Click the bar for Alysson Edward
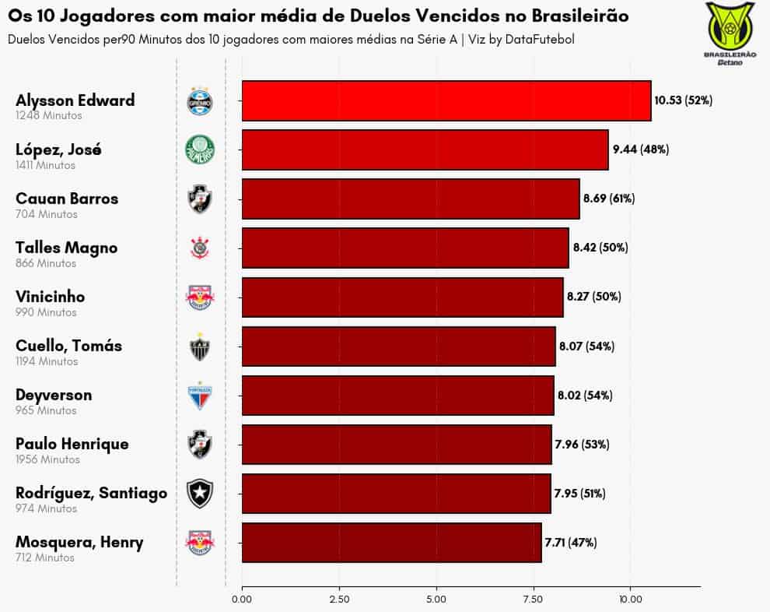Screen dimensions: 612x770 pyautogui.click(x=446, y=100)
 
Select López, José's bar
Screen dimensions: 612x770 pyautogui.click(x=425, y=149)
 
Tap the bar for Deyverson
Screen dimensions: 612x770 pyautogui.click(x=397, y=395)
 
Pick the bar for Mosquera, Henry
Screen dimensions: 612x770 pyautogui.click(x=391, y=543)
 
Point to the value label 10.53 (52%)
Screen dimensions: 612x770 pyautogui.click(x=683, y=100)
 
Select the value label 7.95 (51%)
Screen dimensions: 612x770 pyautogui.click(x=579, y=494)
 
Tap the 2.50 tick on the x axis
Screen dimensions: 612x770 pyautogui.click(x=339, y=599)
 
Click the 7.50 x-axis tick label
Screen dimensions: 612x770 pyautogui.click(x=534, y=599)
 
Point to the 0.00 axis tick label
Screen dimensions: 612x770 pyautogui.click(x=242, y=599)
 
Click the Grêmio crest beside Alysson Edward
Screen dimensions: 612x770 pyautogui.click(x=200, y=101)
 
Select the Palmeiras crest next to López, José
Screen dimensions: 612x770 pyautogui.click(x=200, y=149)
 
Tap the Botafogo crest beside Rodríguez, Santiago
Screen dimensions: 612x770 pyautogui.click(x=200, y=494)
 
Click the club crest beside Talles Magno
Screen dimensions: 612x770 pyautogui.click(x=200, y=248)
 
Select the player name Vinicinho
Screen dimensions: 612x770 pyautogui.click(x=50, y=297)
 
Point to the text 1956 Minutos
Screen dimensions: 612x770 pyautogui.click(x=47, y=459)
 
